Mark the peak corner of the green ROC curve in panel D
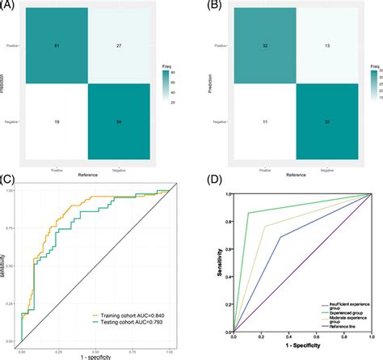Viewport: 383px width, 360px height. (x=250, y=213)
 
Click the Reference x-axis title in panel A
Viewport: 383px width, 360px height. (x=83, y=172)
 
